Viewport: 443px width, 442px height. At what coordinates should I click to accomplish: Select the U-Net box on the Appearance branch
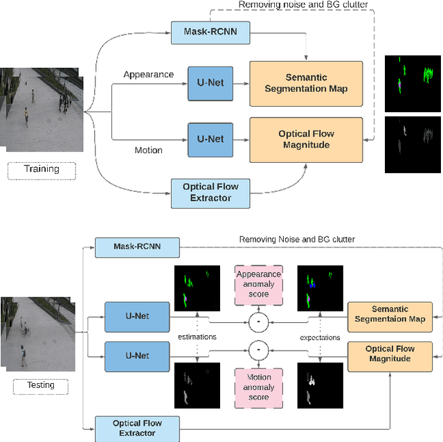click(x=210, y=82)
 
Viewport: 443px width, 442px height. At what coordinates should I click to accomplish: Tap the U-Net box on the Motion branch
click(x=210, y=139)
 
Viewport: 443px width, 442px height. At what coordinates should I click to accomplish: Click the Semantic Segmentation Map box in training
click(x=306, y=83)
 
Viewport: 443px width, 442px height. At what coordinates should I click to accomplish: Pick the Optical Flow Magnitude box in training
click(x=306, y=139)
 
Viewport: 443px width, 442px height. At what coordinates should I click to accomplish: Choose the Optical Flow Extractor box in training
click(x=210, y=192)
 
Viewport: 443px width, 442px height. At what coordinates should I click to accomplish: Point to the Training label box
click(x=42, y=169)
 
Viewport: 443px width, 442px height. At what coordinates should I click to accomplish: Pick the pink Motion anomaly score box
click(x=258, y=387)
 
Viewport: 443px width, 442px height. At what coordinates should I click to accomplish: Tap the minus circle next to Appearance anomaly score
click(x=257, y=321)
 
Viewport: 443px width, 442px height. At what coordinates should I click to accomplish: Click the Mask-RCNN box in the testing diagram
click(x=136, y=247)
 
